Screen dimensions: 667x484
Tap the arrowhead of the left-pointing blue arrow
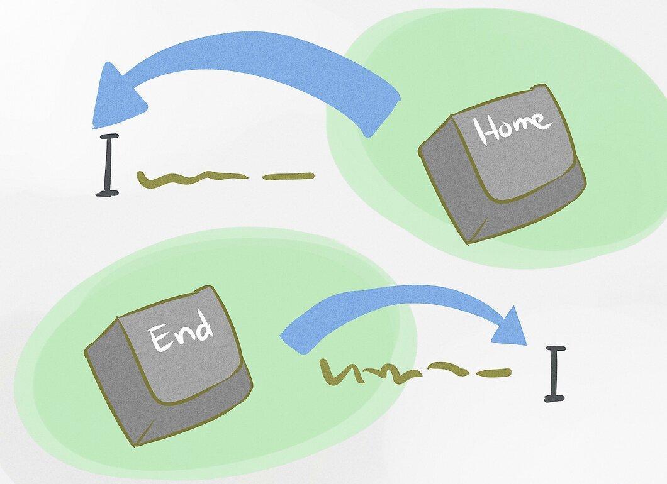point(117,96)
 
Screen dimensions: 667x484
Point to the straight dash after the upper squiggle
point(288,176)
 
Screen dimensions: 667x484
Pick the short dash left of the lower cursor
point(493,373)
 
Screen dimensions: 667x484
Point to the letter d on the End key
point(203,324)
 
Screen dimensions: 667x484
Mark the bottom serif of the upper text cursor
point(107,194)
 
